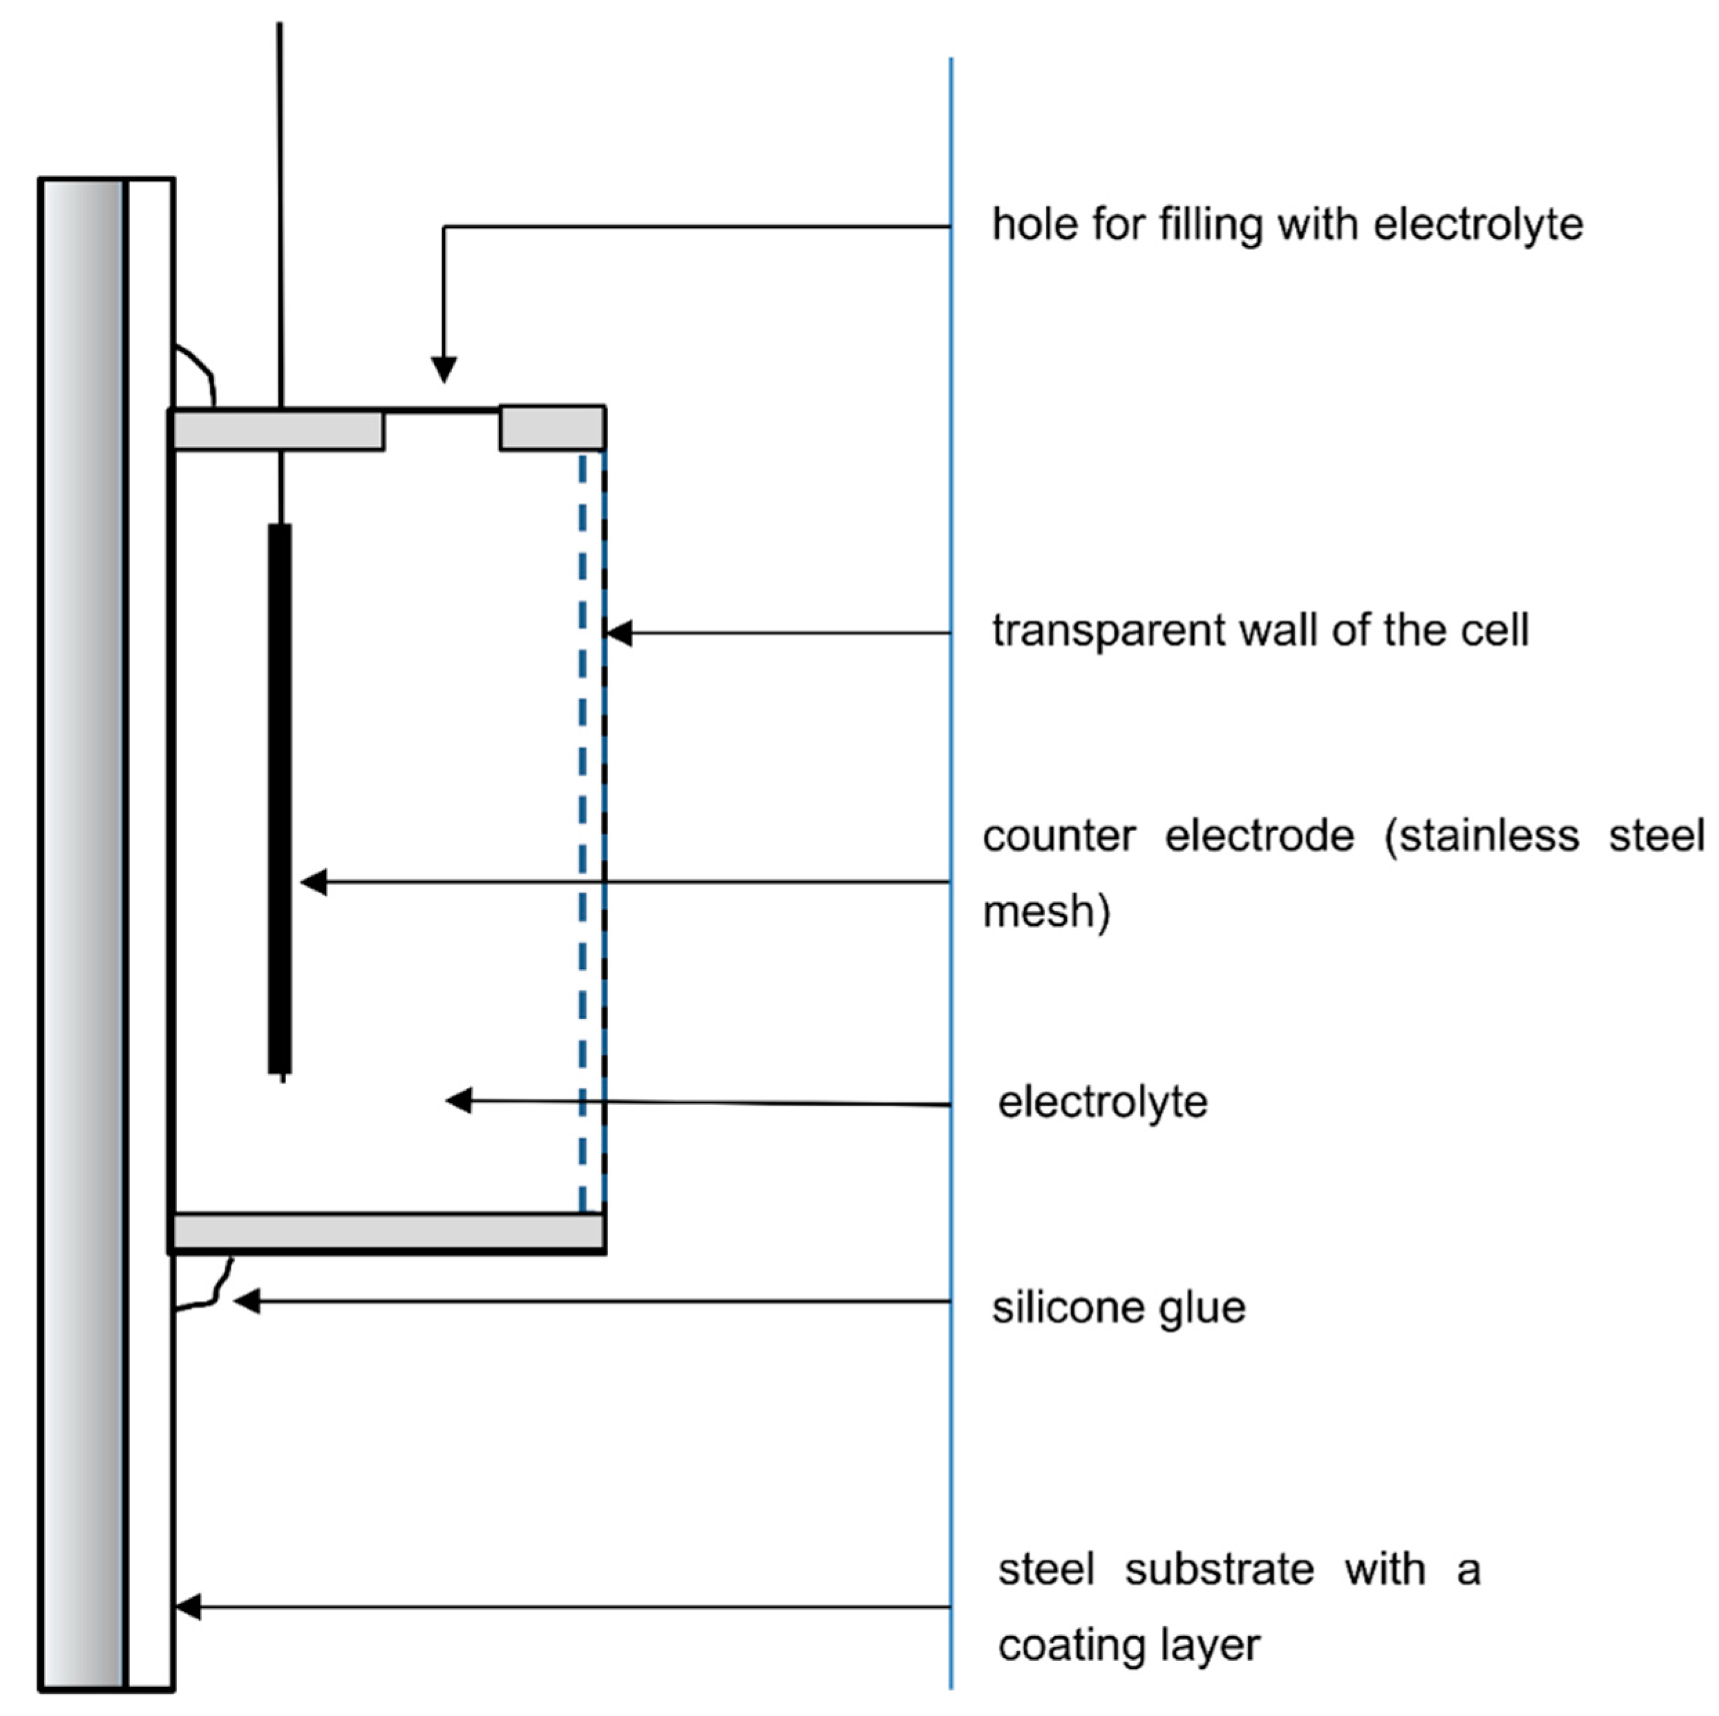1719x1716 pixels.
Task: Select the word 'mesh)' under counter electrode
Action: tap(1046, 912)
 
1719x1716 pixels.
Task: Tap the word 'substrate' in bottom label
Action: tap(1218, 1570)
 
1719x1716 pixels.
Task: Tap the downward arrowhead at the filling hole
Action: tap(444, 368)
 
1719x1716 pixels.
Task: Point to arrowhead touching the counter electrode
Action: tap(313, 882)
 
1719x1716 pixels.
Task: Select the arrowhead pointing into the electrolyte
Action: tap(458, 1100)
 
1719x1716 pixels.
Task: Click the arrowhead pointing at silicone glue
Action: tap(247, 1302)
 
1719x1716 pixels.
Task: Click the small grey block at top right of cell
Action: tap(551, 428)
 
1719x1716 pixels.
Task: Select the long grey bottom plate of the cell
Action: tap(389, 1232)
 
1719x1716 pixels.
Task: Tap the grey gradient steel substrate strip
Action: tap(81, 934)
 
